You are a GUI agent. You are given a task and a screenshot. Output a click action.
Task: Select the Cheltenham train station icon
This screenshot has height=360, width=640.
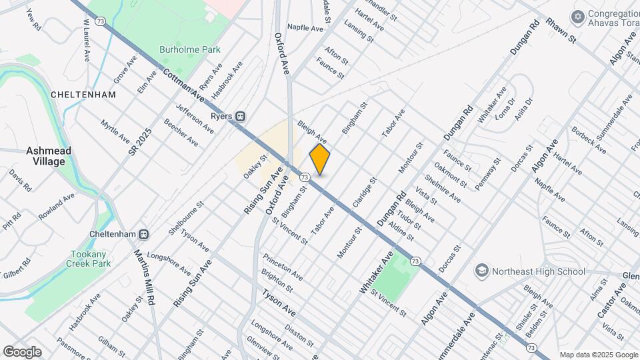coord(143,235)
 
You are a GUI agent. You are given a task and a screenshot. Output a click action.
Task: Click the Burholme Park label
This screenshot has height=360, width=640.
coord(181,49)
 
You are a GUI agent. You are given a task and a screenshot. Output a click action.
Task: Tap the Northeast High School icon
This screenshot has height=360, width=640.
coord(481,271)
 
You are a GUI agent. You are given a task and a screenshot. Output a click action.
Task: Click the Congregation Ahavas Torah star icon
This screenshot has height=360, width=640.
coord(577,15)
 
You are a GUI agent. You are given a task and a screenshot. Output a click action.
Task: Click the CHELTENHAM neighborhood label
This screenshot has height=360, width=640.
coord(83,95)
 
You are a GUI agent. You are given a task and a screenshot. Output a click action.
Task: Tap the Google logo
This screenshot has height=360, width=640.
coord(22,351)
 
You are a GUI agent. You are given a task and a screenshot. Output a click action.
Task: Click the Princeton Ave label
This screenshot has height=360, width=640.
coord(282,266)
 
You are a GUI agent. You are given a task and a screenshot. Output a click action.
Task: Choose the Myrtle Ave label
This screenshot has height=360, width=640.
coord(115,131)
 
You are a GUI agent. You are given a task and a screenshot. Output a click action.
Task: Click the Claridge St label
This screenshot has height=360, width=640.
coord(365,191)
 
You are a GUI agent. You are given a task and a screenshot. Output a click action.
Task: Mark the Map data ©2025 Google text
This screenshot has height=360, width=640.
coord(597,355)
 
